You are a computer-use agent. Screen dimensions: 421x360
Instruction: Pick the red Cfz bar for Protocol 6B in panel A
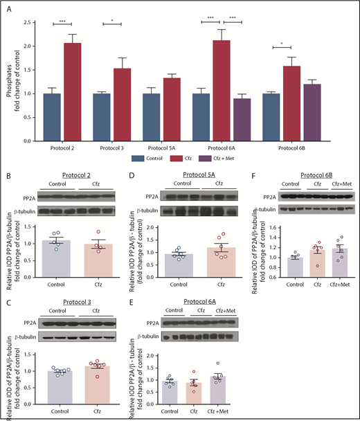tap(312, 103)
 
